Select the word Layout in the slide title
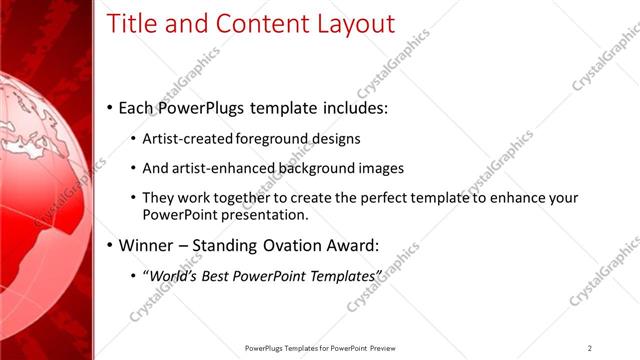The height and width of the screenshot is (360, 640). (350, 24)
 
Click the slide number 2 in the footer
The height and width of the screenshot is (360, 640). (590, 348)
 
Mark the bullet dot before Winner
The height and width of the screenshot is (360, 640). (108, 244)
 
